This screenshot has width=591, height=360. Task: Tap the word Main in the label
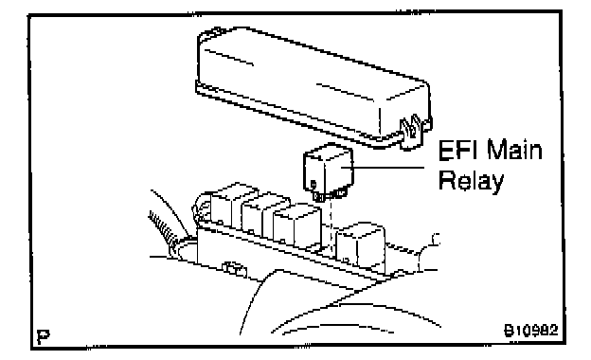(514, 150)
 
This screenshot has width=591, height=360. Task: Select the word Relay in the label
(472, 182)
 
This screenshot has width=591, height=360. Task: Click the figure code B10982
(530, 331)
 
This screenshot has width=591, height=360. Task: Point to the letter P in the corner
(43, 335)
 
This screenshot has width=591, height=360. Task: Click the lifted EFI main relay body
(329, 168)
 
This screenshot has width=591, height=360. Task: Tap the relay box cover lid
(313, 87)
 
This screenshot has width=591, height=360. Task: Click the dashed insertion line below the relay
(331, 226)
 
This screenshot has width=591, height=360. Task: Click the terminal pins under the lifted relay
(330, 195)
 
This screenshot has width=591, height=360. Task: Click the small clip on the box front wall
(235, 268)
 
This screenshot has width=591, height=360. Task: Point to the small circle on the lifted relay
(313, 184)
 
